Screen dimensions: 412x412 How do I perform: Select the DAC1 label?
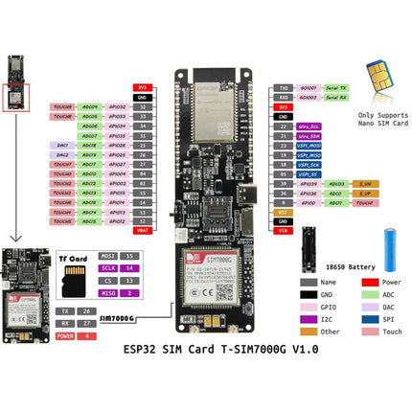pyautogui.click(x=61, y=145)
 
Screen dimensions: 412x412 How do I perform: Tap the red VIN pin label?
pyautogui.click(x=283, y=231)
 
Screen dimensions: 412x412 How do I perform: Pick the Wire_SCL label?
pyautogui.click(x=309, y=126)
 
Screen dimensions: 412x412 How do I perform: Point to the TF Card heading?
pyautogui.click(x=73, y=258)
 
